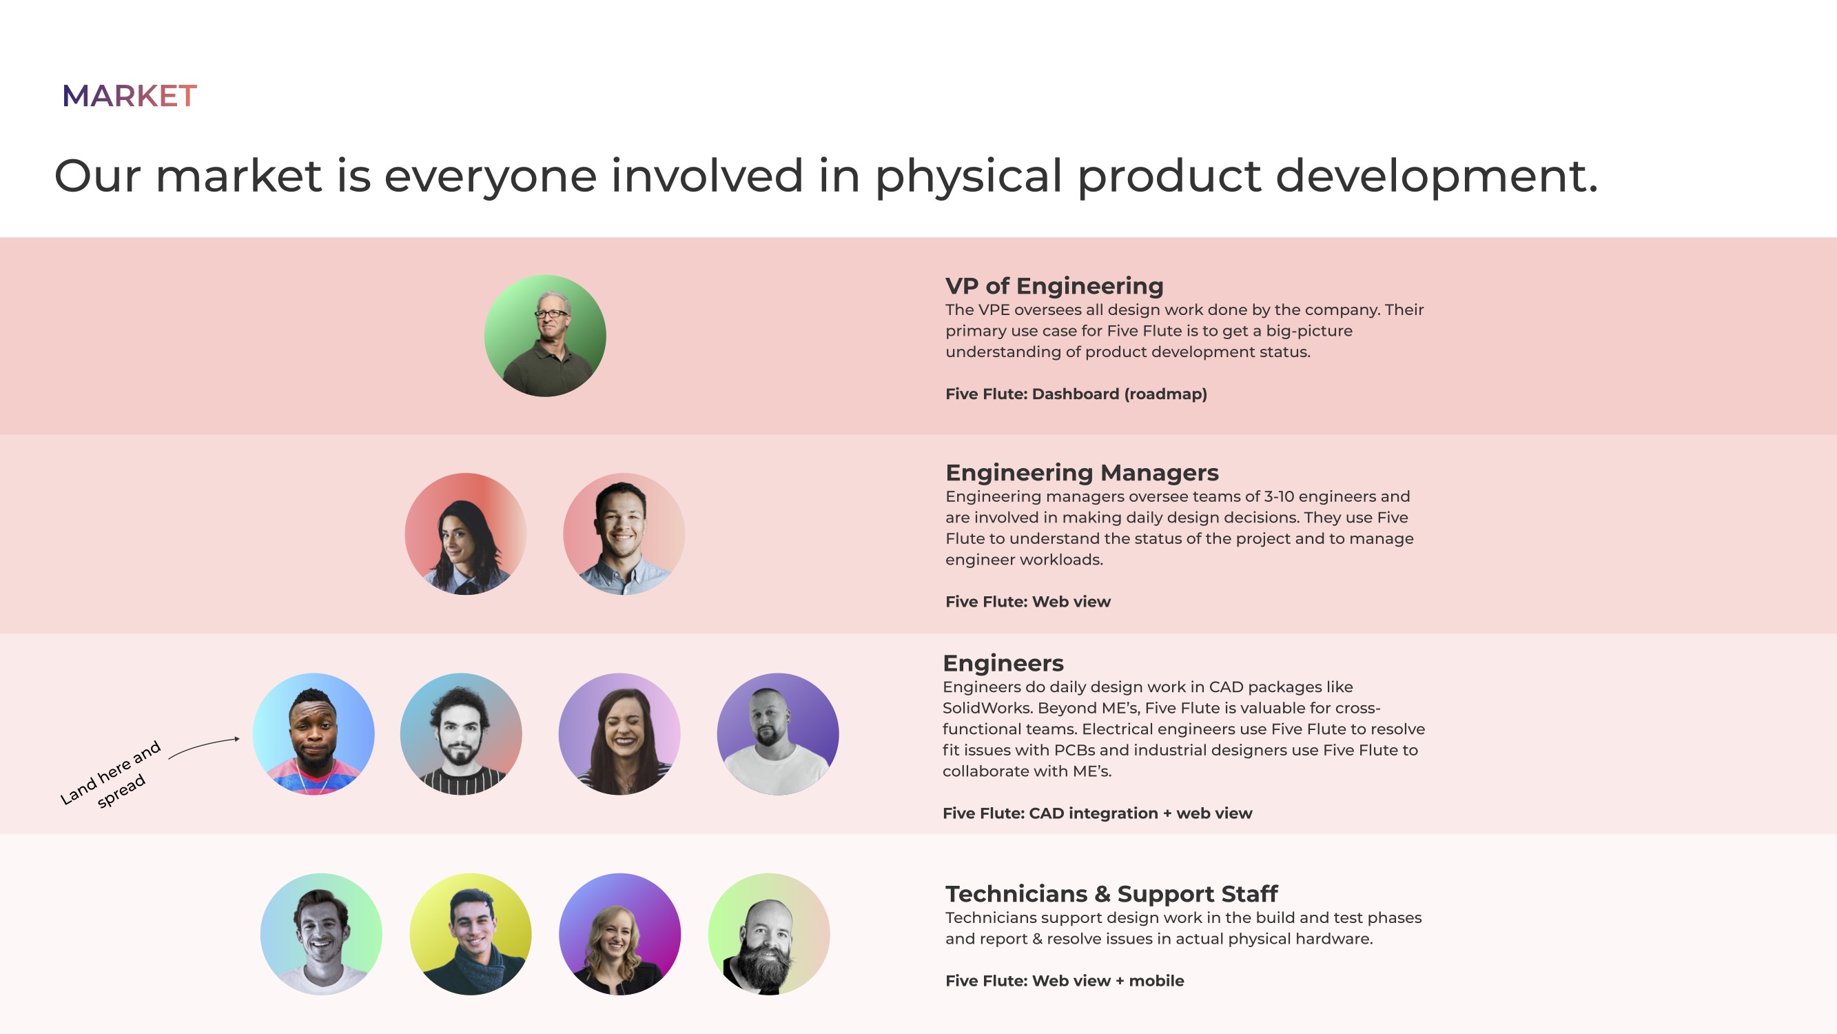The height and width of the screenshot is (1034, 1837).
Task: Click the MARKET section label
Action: (x=129, y=97)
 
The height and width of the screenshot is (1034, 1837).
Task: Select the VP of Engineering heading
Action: (x=1054, y=286)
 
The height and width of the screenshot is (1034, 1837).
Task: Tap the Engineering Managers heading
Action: (x=1082, y=472)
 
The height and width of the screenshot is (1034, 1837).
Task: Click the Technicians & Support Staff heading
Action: (x=1111, y=893)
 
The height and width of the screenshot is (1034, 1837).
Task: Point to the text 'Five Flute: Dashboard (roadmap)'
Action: (x=1076, y=394)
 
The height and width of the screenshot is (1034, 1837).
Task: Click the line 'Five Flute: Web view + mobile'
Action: (x=1064, y=980)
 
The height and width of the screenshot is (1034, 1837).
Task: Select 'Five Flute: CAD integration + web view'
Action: (x=1097, y=813)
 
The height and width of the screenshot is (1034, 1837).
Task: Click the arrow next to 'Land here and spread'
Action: (x=203, y=747)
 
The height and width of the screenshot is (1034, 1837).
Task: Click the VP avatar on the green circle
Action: (x=545, y=336)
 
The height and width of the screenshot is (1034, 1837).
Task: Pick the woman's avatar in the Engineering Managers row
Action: (x=465, y=534)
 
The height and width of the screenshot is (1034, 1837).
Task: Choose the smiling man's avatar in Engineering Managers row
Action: (x=624, y=534)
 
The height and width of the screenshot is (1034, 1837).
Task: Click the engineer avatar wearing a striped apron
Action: (x=461, y=733)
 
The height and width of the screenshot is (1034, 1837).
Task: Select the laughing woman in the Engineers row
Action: (x=619, y=733)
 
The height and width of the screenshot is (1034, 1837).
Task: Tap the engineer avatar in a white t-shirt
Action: (x=777, y=733)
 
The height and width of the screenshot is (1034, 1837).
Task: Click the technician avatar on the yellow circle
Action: (x=470, y=934)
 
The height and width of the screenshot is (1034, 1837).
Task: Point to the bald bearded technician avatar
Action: (x=769, y=934)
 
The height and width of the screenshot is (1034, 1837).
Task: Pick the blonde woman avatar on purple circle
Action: (x=619, y=934)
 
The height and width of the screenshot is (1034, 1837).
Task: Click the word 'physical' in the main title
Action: (x=968, y=177)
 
